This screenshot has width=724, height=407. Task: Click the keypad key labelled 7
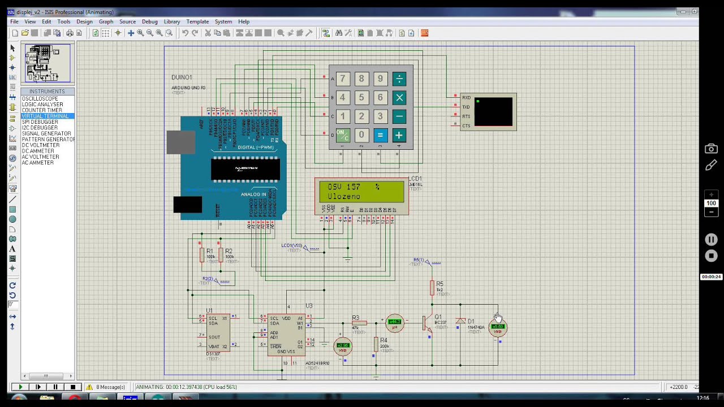pos(342,79)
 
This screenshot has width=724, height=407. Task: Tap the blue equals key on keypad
pos(380,135)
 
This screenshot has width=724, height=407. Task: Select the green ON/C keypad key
pos(342,135)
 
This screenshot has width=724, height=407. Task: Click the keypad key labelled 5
pos(361,98)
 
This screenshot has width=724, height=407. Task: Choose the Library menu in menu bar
pos(172,21)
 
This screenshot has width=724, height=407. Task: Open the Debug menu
pos(149,21)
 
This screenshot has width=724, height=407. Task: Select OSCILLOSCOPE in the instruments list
pos(40,99)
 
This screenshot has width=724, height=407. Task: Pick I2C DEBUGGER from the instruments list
pos(40,128)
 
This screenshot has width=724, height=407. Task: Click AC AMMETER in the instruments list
pos(37,163)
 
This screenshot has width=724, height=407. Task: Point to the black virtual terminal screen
pos(493,112)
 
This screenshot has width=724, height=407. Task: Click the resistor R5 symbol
pos(432,288)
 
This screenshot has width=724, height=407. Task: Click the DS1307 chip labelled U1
pos(218,333)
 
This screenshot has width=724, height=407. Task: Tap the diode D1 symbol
pos(460,321)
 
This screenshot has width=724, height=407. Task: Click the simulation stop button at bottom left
pos(72,387)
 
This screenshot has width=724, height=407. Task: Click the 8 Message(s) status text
pos(110,387)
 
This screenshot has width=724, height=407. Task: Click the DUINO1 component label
pos(182,77)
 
